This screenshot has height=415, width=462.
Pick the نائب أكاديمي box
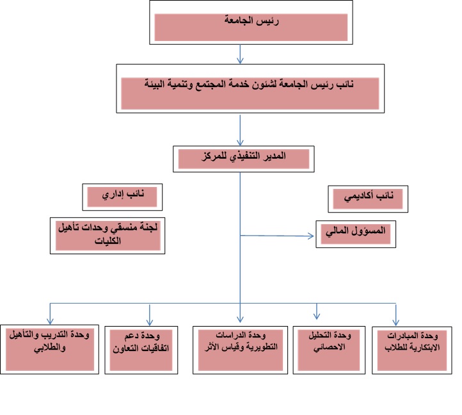pyautogui.click(x=368, y=199)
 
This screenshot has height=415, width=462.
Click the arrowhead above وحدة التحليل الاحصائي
pyautogui.click(x=317, y=314)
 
